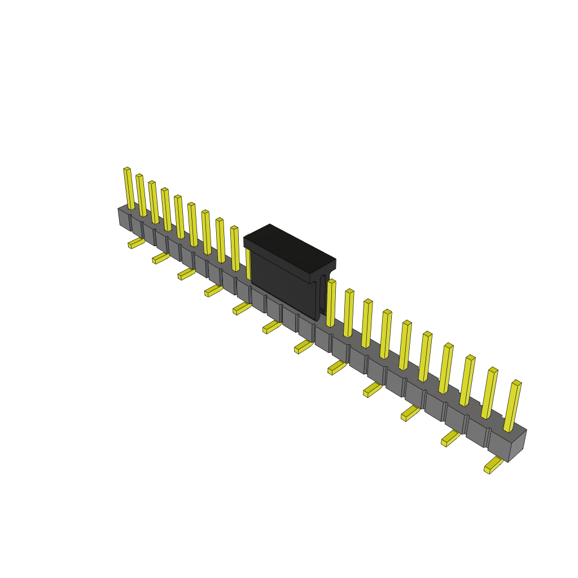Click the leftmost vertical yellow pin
pos(129,189)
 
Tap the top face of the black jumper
pos(289,246)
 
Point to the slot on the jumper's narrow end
pos(322,294)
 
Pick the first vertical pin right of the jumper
pos(331,304)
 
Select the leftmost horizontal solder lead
pos(136,243)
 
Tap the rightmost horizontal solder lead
pos(493,466)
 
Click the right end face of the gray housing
pos(517,446)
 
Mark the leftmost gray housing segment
pos(124,218)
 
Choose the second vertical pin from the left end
pos(141,195)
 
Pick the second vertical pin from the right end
pos(489,394)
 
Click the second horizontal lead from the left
pos(160,259)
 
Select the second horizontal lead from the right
pos(450,438)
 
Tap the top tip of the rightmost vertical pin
pos(516,383)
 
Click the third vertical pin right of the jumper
pos(367,324)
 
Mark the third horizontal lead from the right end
pos(410,413)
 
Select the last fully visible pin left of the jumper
pos(235,249)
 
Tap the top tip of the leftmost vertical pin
pos(127,169)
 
